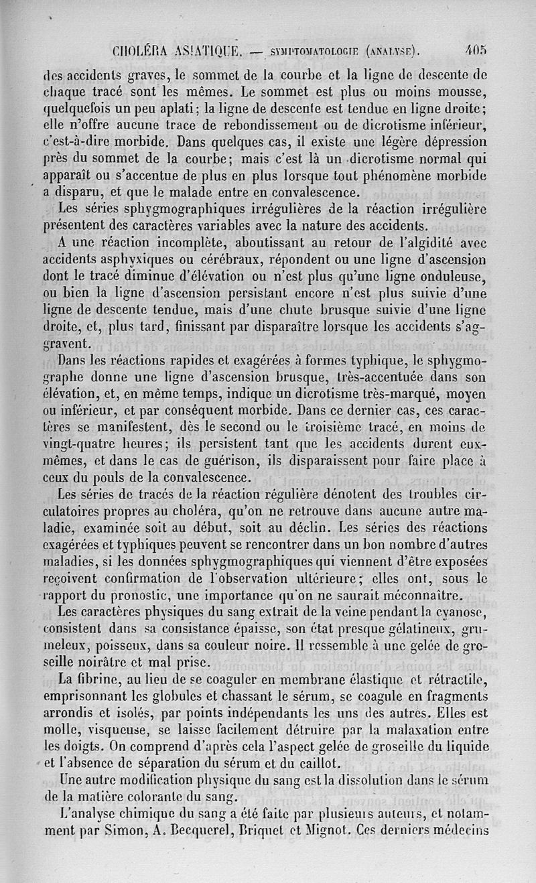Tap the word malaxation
[x=419, y=728]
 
